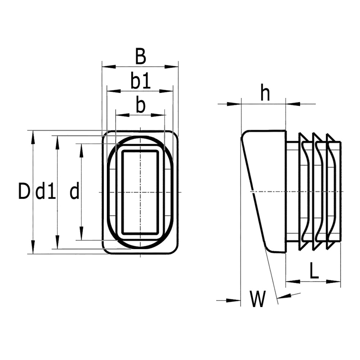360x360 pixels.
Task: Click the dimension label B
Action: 140,57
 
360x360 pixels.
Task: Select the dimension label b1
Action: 140,81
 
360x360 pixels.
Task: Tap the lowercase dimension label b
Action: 140,105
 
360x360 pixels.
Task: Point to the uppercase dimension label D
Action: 24,191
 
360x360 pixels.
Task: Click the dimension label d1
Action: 46,191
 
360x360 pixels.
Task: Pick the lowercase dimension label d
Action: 74,191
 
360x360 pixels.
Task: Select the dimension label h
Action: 265,94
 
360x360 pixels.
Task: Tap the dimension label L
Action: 314,271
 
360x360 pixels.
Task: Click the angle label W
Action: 258,300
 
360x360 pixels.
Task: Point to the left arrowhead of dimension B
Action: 107,67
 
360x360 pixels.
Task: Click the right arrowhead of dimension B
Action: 174,67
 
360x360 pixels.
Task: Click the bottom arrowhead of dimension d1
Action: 57,244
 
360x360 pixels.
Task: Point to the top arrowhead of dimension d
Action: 81,148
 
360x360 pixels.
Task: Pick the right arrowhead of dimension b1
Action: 168,91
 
